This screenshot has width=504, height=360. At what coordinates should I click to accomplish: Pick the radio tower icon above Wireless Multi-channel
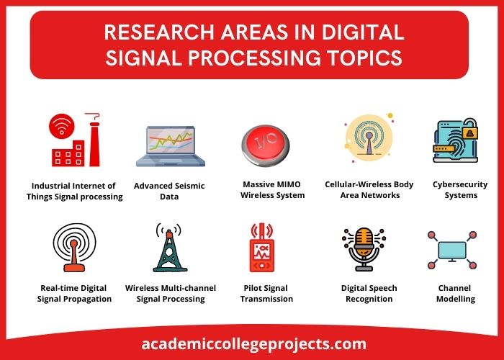[168, 248]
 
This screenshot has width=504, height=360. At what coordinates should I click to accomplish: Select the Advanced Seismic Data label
[169, 191]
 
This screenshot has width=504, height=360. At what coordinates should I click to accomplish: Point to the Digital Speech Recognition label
[369, 293]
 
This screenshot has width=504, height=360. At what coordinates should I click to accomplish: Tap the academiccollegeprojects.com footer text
[251, 343]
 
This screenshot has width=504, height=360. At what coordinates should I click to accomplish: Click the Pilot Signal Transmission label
[266, 293]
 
